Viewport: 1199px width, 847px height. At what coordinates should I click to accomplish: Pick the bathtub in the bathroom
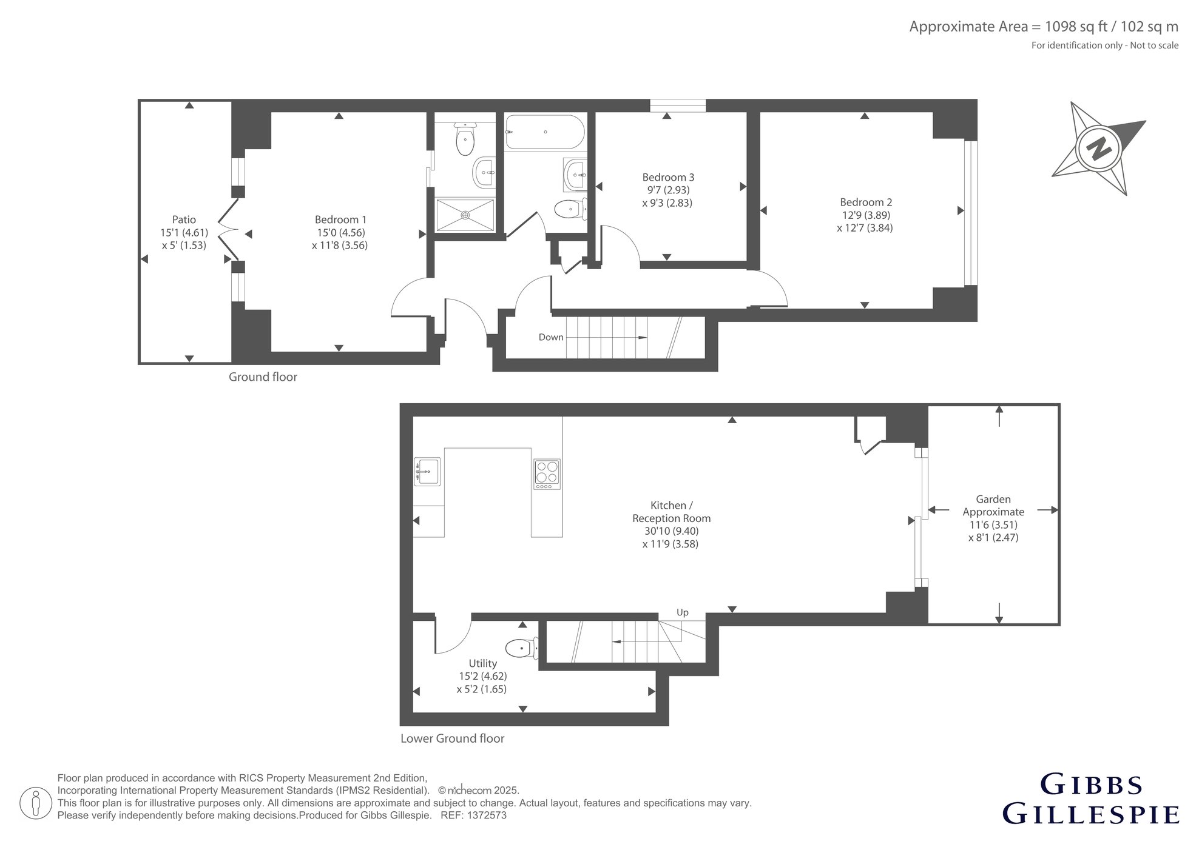545,132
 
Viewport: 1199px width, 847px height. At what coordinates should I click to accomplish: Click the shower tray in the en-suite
465,215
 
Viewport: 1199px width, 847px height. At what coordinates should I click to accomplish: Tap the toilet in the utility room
521,648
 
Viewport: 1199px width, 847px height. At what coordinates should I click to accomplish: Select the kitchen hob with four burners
547,474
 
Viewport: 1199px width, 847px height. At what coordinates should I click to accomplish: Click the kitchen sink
427,472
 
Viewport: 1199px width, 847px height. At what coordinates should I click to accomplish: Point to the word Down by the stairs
551,337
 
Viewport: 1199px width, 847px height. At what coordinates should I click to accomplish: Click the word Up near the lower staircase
683,612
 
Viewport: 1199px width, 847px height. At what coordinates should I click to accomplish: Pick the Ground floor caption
263,377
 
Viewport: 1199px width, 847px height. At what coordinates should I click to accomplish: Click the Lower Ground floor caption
453,738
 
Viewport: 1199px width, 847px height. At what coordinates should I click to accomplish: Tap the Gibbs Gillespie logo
1090,798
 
